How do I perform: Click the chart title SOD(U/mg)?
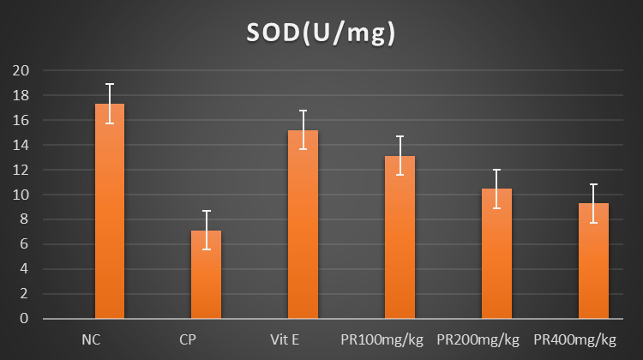[321, 33]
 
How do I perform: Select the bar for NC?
[110, 214]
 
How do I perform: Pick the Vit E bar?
[303, 226]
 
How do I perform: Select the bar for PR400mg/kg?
[594, 262]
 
